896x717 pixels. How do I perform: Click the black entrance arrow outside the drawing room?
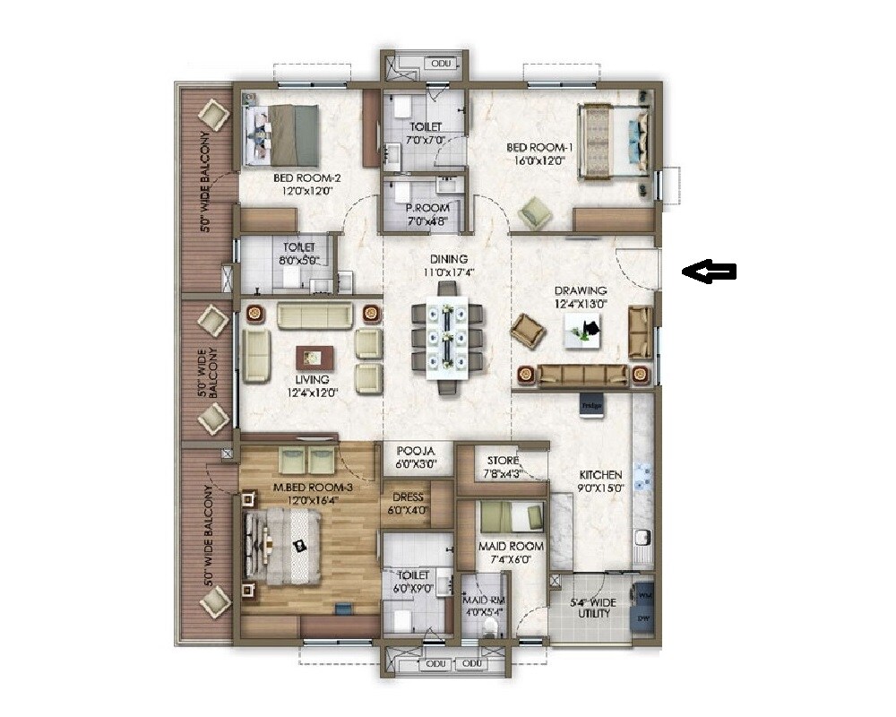coord(709,272)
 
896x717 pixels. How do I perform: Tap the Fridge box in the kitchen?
coord(590,404)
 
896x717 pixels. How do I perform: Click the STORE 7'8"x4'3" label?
coord(503,467)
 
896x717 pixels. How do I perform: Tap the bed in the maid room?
coord(510,517)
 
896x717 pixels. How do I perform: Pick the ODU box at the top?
coord(441,64)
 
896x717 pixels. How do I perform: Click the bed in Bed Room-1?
coord(614,143)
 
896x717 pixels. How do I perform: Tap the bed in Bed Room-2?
coord(280,134)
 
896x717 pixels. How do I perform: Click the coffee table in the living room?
coord(314,356)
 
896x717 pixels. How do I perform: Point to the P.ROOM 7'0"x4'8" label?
coord(426,213)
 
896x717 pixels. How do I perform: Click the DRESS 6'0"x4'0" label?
coord(407,503)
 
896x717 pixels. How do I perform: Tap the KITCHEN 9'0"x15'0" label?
coord(599,481)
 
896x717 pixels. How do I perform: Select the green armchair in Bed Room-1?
coord(537,213)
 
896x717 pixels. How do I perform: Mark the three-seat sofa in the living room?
coord(314,315)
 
